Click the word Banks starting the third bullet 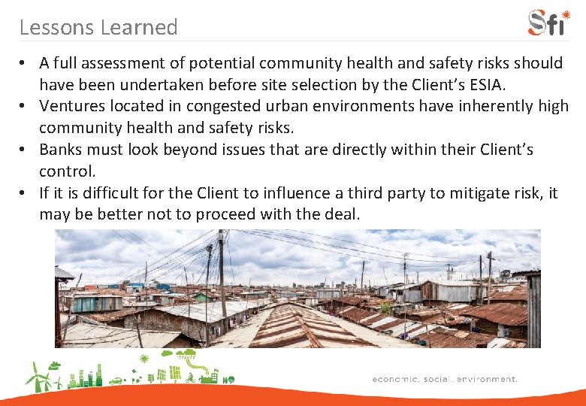(62, 150)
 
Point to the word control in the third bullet (67, 171)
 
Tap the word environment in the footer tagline (484, 379)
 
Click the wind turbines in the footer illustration (41, 377)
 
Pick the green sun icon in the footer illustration (144, 358)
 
